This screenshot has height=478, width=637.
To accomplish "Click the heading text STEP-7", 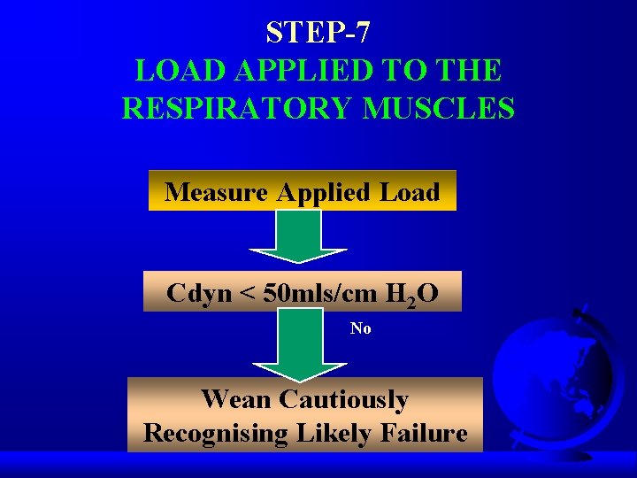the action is pyautogui.click(x=318, y=33).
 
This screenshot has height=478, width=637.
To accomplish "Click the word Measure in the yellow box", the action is pyautogui.click(x=219, y=192).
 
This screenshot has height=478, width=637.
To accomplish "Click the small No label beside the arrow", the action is pyautogui.click(x=360, y=328).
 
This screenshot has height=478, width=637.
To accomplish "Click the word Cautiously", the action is pyautogui.click(x=343, y=400).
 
